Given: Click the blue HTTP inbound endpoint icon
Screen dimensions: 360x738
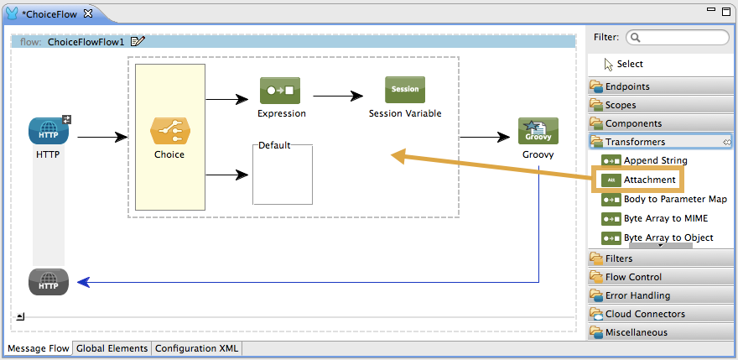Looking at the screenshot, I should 48,131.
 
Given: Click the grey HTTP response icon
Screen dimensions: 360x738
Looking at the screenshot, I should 48,282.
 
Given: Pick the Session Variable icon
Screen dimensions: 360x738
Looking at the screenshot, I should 404,90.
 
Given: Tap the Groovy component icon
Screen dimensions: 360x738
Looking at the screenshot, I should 538,132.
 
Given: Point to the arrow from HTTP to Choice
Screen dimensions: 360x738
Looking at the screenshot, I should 101,136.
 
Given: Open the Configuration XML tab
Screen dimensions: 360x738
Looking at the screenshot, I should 195,348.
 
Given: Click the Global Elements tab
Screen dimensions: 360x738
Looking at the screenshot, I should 112,348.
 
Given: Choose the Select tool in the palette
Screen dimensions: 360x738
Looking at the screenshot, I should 629,64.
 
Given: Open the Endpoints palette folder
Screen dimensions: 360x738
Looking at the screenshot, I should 627,86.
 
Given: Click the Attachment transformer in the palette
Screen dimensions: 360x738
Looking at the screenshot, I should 649,180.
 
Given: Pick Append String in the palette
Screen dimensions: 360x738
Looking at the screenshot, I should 655,160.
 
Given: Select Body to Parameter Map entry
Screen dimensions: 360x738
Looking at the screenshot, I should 675,200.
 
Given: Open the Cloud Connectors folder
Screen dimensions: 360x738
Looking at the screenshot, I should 645,314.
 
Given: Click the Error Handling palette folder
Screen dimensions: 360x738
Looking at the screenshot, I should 637,295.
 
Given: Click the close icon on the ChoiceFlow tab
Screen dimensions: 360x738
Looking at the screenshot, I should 88,13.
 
